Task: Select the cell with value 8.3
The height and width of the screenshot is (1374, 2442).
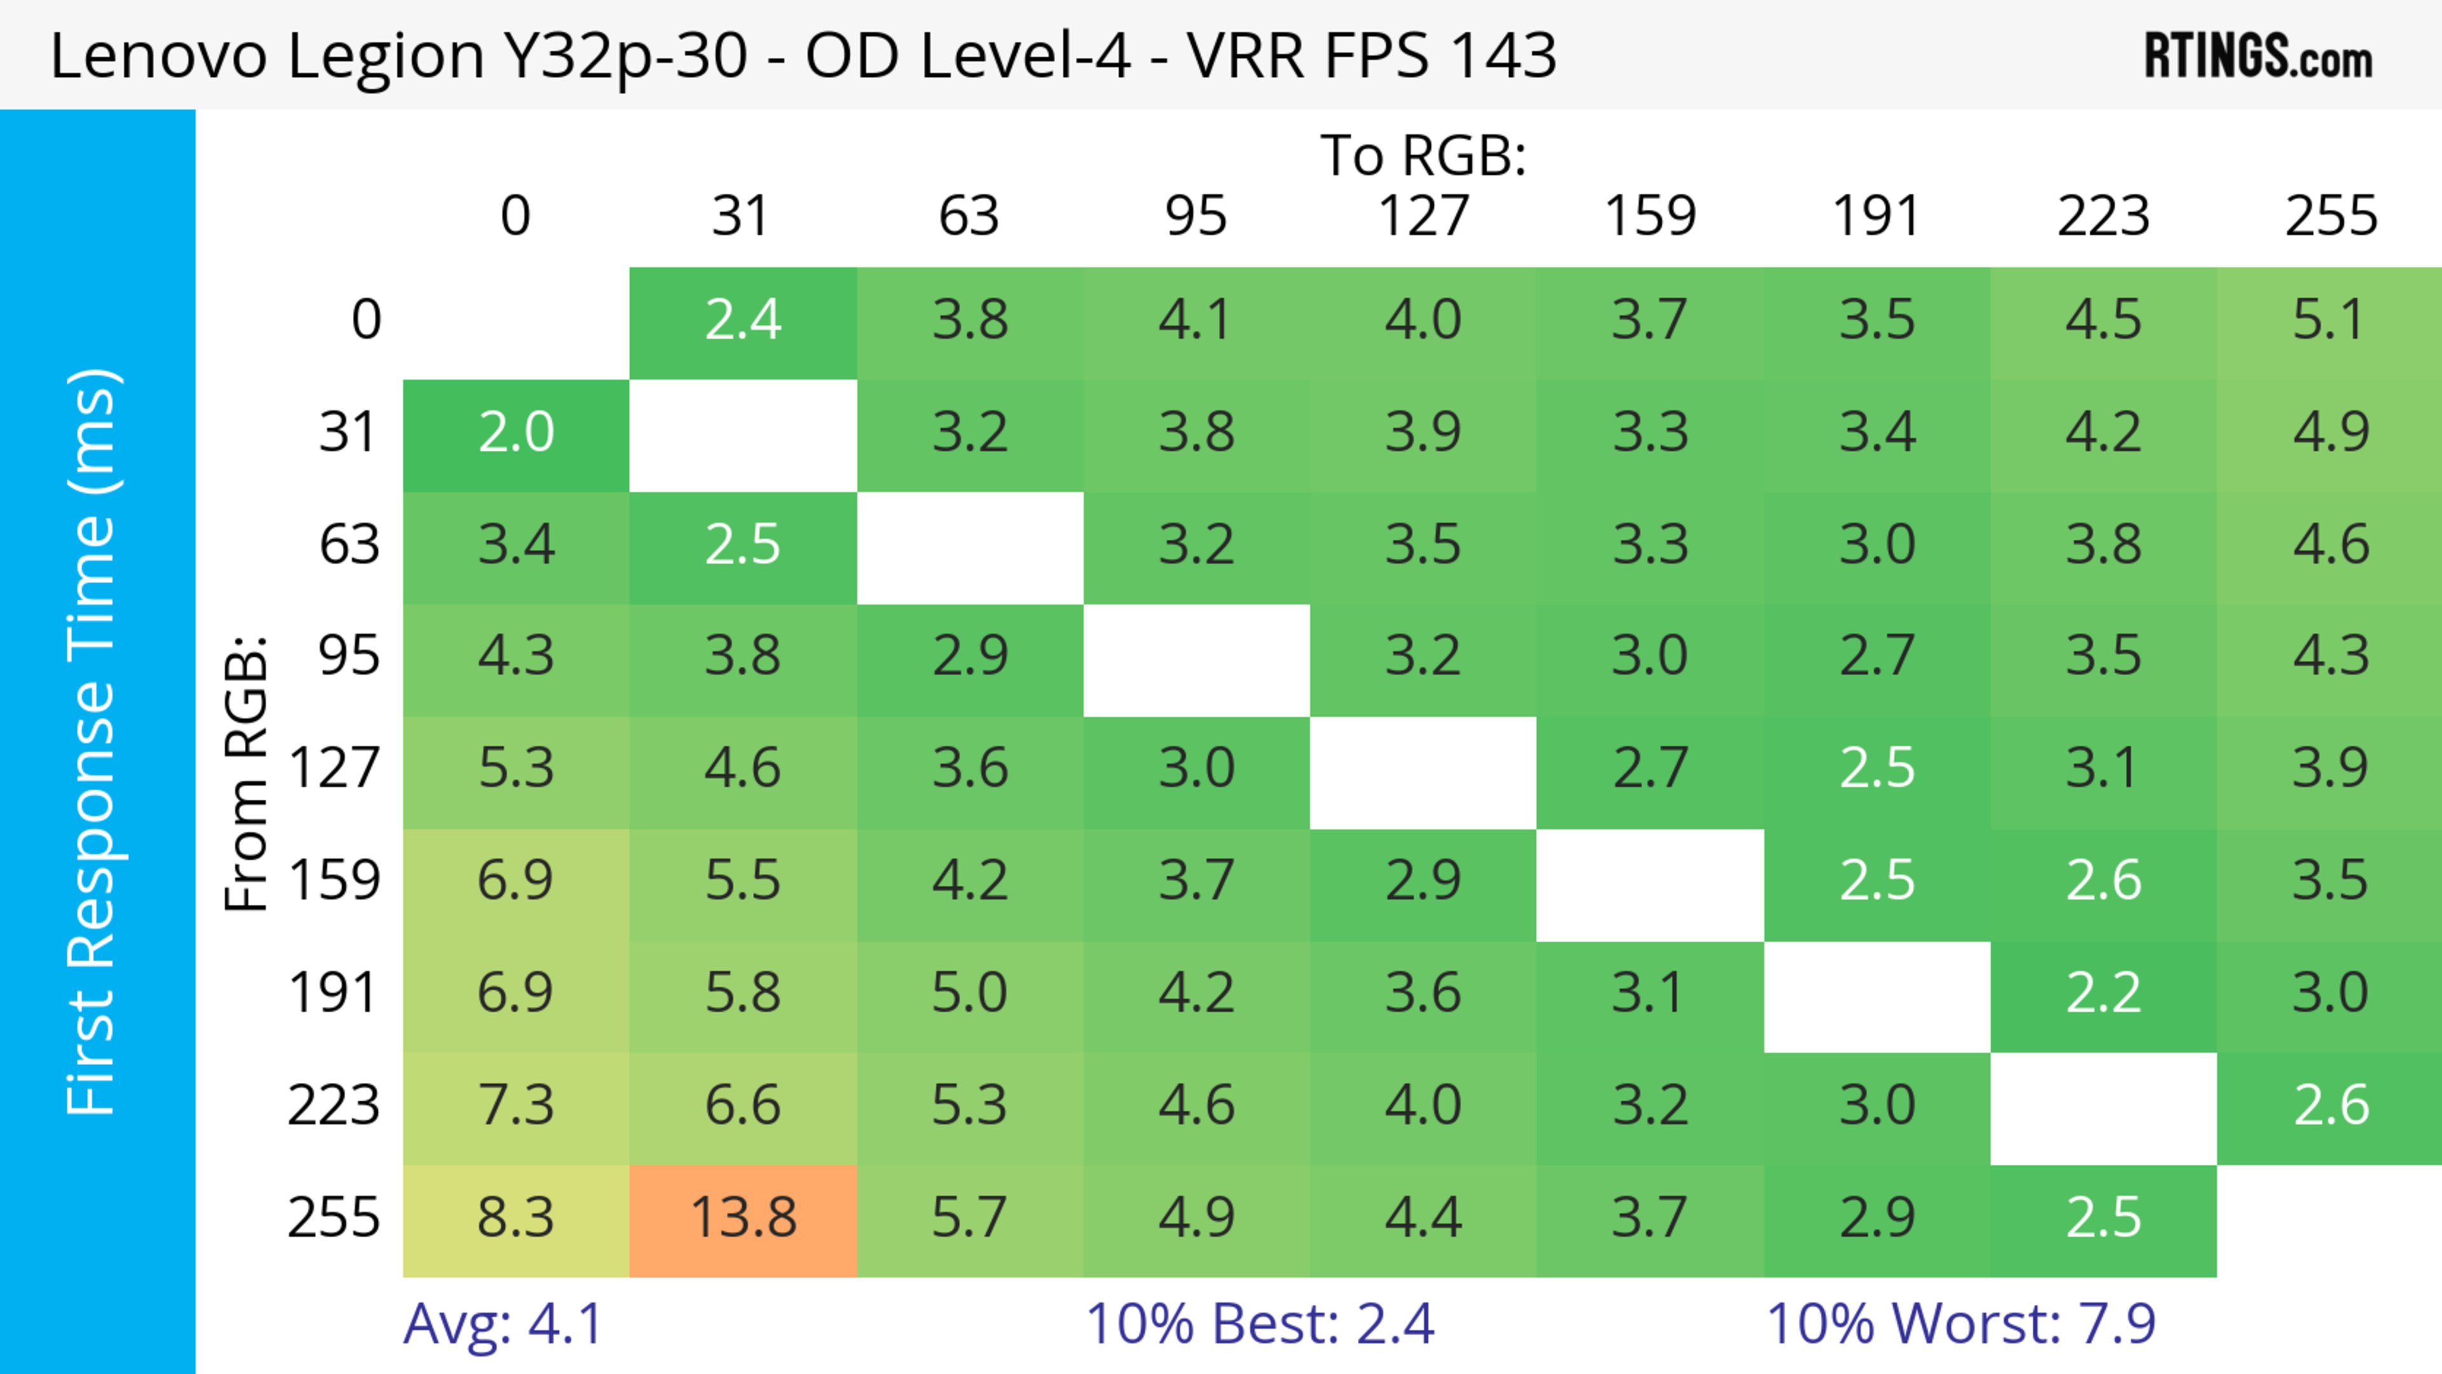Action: (516, 1218)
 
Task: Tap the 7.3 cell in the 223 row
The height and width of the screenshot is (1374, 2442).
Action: (516, 1106)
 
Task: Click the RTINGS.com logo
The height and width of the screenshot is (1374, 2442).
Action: (2258, 56)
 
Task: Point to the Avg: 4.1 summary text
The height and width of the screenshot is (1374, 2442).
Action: (502, 1324)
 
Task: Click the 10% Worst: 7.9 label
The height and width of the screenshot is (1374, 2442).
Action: (1961, 1324)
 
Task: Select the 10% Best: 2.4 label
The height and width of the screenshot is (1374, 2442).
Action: (1259, 1324)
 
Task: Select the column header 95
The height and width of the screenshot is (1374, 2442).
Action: (1196, 216)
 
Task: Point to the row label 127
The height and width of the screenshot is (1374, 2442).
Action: (334, 767)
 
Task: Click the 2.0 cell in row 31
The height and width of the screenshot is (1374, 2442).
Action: (516, 433)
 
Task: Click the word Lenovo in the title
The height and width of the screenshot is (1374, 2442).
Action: (158, 56)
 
